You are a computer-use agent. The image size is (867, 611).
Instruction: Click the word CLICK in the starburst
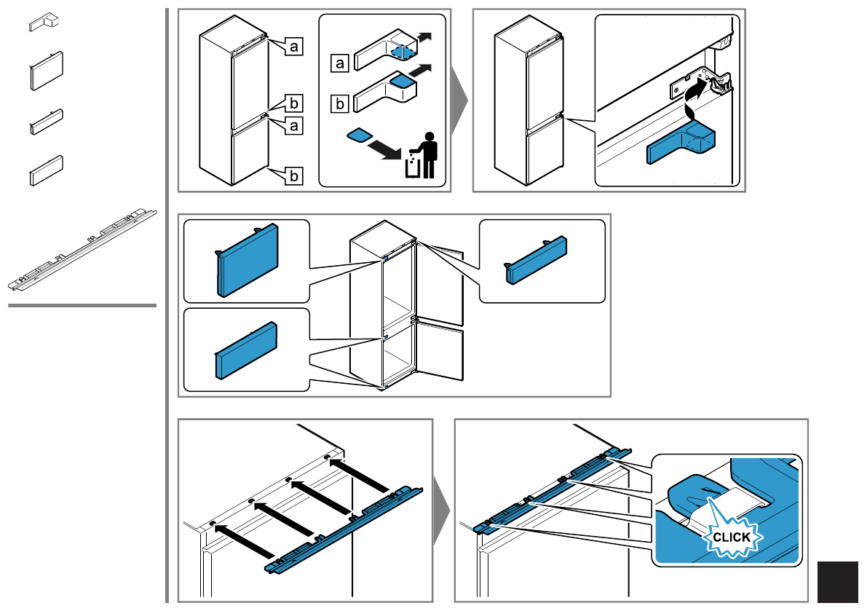731,537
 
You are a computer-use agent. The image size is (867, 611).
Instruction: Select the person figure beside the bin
428,155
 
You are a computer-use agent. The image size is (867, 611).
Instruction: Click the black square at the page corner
838,583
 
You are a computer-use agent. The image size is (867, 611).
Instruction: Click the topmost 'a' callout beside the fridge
293,47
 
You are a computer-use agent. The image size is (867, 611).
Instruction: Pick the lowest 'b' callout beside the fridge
293,176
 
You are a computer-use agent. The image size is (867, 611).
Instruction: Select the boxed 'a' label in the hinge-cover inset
339,63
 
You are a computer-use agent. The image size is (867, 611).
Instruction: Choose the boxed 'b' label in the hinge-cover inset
339,104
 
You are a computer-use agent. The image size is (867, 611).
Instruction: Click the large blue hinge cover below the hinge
681,143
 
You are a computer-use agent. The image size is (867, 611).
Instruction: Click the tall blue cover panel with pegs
248,259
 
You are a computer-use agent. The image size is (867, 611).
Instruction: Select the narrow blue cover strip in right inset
536,260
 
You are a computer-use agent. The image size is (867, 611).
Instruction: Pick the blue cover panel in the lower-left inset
246,350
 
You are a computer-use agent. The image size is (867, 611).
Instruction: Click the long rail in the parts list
82,250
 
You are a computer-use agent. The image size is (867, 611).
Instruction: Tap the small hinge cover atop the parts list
44,23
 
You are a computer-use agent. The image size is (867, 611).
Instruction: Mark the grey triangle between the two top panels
460,100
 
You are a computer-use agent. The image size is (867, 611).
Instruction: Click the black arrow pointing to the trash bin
385,150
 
